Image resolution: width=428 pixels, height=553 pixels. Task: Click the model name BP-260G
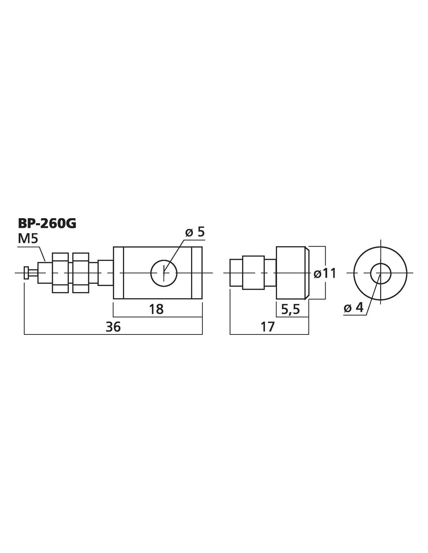click(x=47, y=224)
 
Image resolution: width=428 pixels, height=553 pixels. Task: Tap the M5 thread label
click(x=28, y=239)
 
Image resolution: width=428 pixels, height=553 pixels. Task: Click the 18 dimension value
click(x=156, y=309)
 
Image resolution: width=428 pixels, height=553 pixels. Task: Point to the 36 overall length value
click(x=113, y=327)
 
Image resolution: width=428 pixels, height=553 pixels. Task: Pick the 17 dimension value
click(x=267, y=327)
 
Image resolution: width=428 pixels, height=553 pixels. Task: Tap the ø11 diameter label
click(x=325, y=273)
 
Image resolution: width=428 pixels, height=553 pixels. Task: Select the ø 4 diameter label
click(x=353, y=308)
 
